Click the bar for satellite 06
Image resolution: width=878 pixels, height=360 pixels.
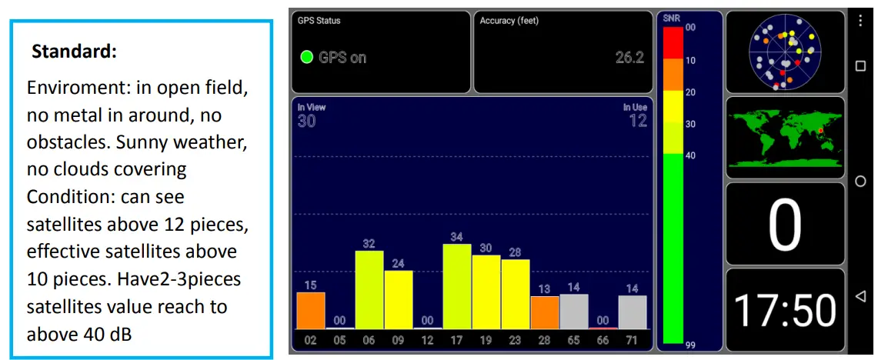pyautogui.click(x=369, y=289)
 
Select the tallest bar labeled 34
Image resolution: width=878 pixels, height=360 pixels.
pyautogui.click(x=456, y=286)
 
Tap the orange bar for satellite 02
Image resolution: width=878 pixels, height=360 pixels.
pyautogui.click(x=310, y=310)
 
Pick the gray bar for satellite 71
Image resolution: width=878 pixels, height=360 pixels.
pyautogui.click(x=632, y=312)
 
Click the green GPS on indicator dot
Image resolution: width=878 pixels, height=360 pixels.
pyautogui.click(x=306, y=57)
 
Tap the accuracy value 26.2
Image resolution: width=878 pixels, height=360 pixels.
pyautogui.click(x=629, y=58)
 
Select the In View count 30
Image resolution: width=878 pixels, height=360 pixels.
pyautogui.click(x=306, y=121)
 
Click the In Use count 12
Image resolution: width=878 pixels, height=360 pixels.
pyautogui.click(x=636, y=121)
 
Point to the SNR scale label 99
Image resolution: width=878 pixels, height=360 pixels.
pyautogui.click(x=690, y=345)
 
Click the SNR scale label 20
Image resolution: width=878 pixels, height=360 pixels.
pyautogui.click(x=690, y=92)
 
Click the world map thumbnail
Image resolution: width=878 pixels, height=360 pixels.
pyautogui.click(x=785, y=138)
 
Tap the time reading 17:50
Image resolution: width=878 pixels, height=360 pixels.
pyautogui.click(x=785, y=309)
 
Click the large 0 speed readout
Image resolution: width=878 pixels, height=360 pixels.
pyautogui.click(x=785, y=225)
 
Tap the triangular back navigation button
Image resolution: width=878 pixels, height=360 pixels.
pyautogui.click(x=861, y=296)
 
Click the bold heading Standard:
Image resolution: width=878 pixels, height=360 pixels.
pyautogui.click(x=75, y=53)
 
